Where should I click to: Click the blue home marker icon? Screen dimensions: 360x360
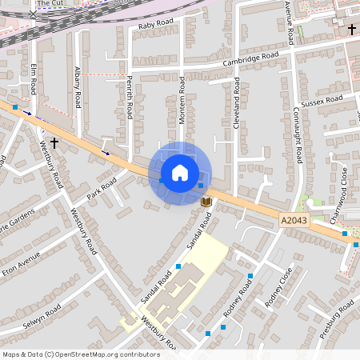(179, 173)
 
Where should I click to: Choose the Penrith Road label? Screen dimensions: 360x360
(128, 95)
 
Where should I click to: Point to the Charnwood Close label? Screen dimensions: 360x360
(342, 186)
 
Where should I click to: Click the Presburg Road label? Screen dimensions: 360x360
(337, 319)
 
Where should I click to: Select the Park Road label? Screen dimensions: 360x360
(102, 190)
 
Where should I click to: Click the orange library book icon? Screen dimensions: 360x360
(206, 202)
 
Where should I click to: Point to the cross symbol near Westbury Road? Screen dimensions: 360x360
(54, 142)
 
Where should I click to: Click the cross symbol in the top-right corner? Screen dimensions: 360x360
(352, 29)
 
